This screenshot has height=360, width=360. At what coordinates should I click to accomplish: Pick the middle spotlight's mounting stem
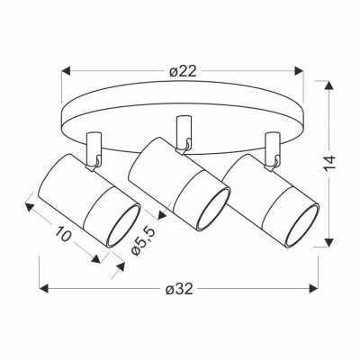point(183,130)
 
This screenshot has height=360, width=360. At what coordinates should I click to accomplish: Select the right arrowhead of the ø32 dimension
point(319,290)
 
